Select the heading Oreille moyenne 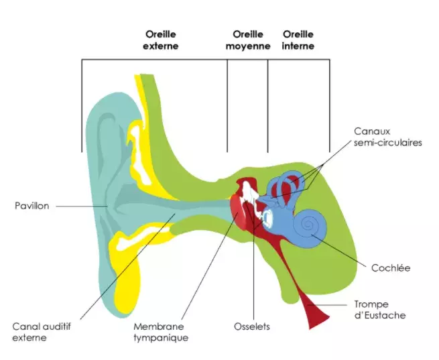click(247, 40)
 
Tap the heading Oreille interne click(298, 40)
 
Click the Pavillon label click(32, 206)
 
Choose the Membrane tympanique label click(161, 332)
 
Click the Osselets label click(252, 326)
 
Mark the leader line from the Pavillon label click(80, 206)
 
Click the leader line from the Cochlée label click(342, 247)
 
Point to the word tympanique click(161, 338)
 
